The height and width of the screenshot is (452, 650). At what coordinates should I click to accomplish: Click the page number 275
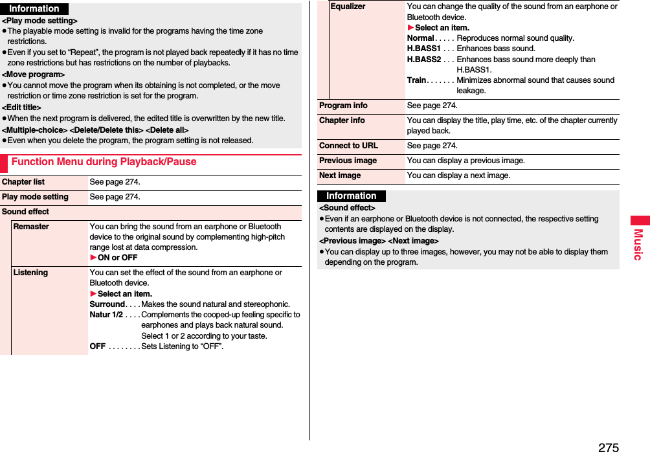pyautogui.click(x=608, y=447)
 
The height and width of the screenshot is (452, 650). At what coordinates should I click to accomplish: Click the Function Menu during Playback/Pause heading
pyautogui.click(x=104, y=162)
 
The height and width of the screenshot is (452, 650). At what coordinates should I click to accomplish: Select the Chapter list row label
pyautogui.click(x=23, y=182)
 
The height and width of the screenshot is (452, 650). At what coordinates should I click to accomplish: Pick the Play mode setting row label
pyautogui.click(x=35, y=197)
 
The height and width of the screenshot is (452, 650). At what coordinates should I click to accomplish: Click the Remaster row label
pyautogui.click(x=31, y=227)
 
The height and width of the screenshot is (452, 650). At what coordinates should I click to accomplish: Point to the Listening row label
pyautogui.click(x=30, y=273)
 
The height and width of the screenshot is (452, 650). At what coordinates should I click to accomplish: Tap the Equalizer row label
pyautogui.click(x=348, y=6)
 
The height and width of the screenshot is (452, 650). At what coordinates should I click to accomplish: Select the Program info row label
pyautogui.click(x=343, y=106)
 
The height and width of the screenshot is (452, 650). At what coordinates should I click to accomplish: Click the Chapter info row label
pyautogui.click(x=342, y=120)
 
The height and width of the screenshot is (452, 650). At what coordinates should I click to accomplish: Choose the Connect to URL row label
pyautogui.click(x=348, y=146)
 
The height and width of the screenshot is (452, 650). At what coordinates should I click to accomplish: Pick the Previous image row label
pyautogui.click(x=348, y=161)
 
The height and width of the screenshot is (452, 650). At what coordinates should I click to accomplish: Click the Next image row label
pyautogui.click(x=340, y=175)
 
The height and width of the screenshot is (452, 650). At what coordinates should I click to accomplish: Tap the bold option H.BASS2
pyautogui.click(x=423, y=59)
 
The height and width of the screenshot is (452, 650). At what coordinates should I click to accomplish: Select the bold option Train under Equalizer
pyautogui.click(x=416, y=80)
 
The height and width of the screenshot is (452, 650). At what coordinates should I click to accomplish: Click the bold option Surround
pyautogui.click(x=107, y=304)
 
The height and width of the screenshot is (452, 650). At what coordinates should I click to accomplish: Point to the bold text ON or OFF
pyautogui.click(x=117, y=258)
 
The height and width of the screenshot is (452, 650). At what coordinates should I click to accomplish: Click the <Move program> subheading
pyautogui.click(x=33, y=74)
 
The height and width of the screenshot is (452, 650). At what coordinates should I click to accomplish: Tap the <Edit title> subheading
pyautogui.click(x=21, y=107)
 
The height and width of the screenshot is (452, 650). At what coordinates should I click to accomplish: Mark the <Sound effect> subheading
pyautogui.click(x=347, y=208)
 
